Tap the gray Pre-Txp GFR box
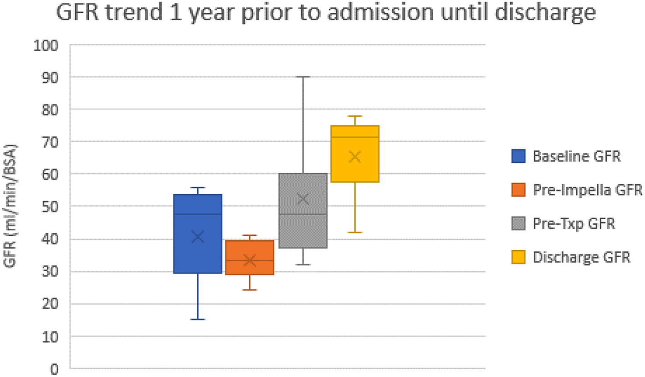click(x=303, y=228)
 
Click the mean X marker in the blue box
click(x=198, y=237)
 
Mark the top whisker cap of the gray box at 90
click(x=303, y=77)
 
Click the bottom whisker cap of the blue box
click(x=198, y=319)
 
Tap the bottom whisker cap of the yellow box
click(x=355, y=232)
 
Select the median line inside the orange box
click(x=249, y=260)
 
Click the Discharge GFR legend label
click(x=582, y=257)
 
